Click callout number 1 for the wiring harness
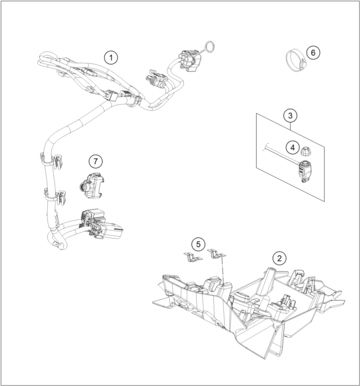(111, 58)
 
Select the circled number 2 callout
(279, 258)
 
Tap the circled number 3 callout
(290, 115)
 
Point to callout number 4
(293, 147)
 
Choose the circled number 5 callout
(198, 244)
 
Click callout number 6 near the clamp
(313, 53)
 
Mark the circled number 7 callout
(95, 161)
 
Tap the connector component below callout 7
(91, 185)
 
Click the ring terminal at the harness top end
(209, 47)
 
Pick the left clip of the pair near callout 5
(193, 257)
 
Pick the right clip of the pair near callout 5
(216, 253)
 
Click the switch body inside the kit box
(305, 170)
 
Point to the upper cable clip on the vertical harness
(52, 161)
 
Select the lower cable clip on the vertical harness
(55, 196)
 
